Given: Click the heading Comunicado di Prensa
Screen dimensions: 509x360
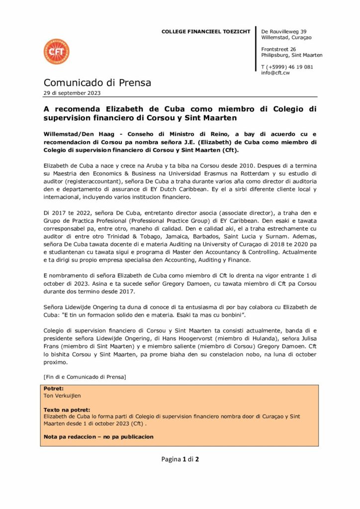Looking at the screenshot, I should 97,83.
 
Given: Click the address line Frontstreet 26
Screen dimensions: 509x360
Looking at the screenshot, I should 278,49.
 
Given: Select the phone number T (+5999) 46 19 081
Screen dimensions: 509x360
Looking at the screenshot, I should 287,67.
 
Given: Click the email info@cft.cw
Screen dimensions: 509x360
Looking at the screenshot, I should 275,73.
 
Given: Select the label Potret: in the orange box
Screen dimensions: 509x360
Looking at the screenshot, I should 54,389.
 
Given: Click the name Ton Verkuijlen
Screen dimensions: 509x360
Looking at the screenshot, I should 62,396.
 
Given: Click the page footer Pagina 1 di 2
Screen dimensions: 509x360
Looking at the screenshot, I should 180,459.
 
